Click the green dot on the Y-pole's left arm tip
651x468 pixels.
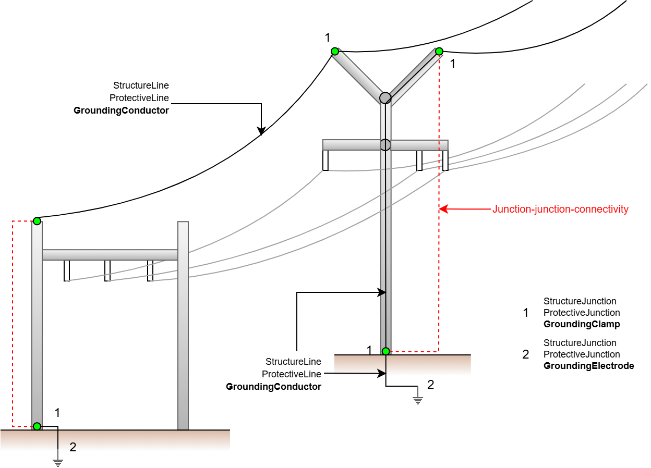335,52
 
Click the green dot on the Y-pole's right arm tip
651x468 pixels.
439,52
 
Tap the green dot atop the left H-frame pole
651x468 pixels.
37,221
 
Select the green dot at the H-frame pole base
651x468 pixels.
37,426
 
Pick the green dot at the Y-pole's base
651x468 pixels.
385,351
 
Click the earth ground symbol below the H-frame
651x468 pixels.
58,463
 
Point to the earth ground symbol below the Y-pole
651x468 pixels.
418,401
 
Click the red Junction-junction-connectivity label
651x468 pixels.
560,209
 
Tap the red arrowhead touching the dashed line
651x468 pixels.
443,209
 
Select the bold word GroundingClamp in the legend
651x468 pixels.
582,324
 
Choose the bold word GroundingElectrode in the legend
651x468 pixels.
589,366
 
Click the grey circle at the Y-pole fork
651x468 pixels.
385,98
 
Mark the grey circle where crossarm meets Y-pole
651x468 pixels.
385,144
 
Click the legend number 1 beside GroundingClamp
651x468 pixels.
525,313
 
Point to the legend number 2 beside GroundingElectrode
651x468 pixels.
525,354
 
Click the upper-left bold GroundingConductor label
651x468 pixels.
121,110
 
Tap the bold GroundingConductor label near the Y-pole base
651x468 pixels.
273,387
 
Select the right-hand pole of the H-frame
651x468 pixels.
183,325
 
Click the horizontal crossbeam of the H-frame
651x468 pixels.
110,255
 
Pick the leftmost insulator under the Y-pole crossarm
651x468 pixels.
325,161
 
